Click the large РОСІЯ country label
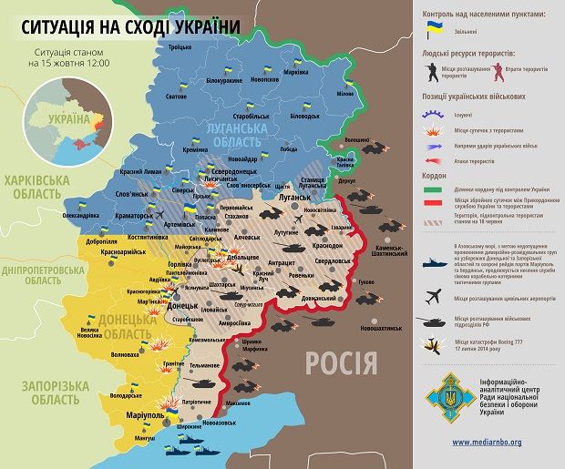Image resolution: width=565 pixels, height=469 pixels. click(x=341, y=362)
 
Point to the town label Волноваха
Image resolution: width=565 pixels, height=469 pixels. click(x=126, y=354)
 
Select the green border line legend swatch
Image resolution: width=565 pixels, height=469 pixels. click(x=434, y=189)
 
